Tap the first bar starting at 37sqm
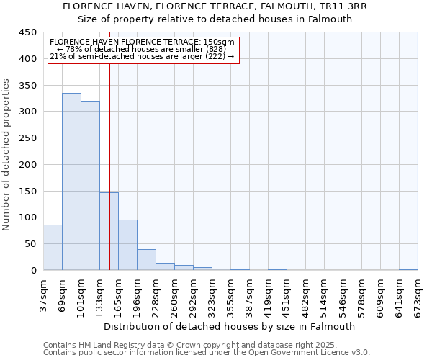coord(53,248)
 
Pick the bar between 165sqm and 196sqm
coord(127,245)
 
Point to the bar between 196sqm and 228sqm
coord(146,260)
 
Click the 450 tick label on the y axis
coord(28,32)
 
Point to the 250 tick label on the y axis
coord(28,138)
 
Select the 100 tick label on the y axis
coord(28,217)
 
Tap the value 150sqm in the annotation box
coord(220,42)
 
